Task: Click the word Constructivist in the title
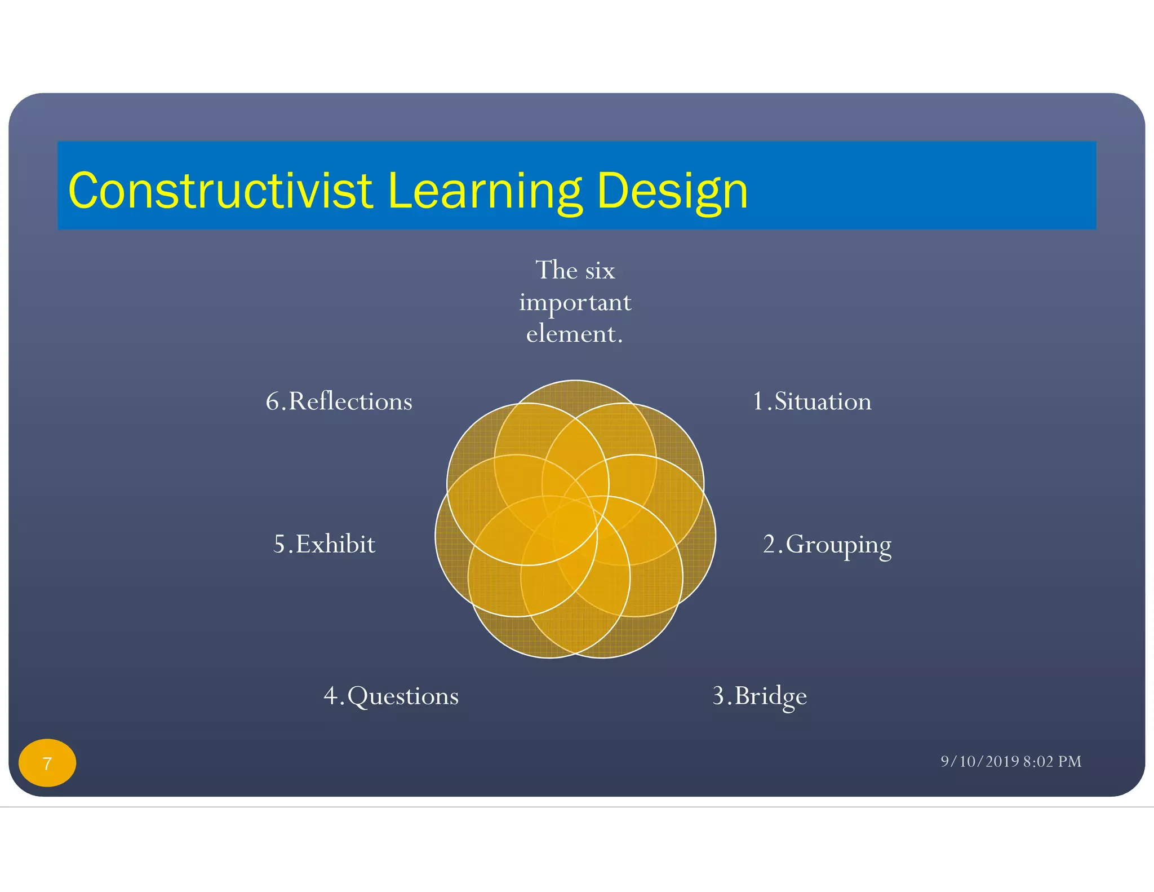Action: click(x=220, y=191)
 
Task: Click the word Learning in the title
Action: click(x=485, y=191)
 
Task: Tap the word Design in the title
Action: click(x=672, y=191)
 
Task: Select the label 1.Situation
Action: click(x=812, y=401)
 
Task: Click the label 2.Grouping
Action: click(x=827, y=545)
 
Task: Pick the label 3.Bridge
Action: click(x=760, y=696)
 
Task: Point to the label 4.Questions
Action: click(x=391, y=696)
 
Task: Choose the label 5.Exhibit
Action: click(x=325, y=545)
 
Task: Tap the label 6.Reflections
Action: click(x=339, y=401)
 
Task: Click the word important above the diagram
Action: click(x=575, y=303)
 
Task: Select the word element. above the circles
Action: click(x=574, y=334)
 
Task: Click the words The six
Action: click(x=575, y=270)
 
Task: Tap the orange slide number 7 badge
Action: click(x=47, y=763)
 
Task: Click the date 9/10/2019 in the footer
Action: click(x=980, y=762)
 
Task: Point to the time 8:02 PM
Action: click(x=1052, y=762)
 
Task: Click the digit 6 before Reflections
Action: click(x=273, y=401)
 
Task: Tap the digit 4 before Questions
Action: click(x=331, y=696)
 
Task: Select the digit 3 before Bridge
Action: click(x=718, y=696)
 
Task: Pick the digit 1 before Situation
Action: click(x=758, y=401)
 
